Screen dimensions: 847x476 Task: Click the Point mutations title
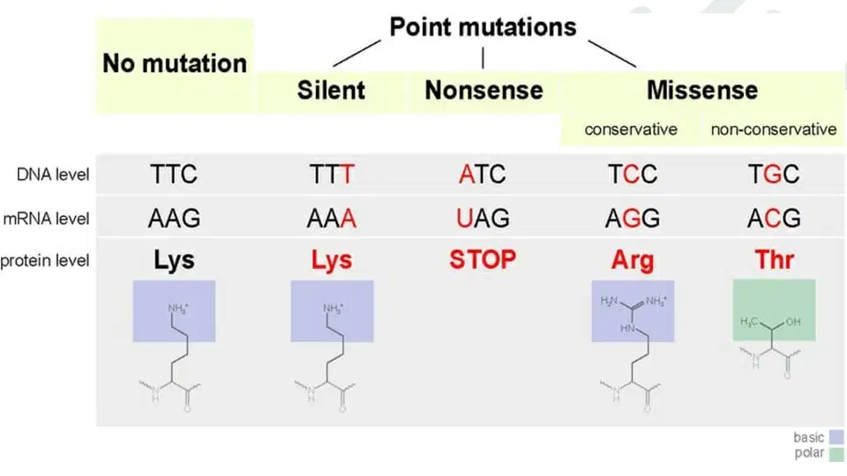[483, 27]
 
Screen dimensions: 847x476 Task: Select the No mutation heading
[175, 63]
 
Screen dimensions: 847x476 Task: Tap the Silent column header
[331, 90]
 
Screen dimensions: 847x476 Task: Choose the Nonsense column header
[483, 90]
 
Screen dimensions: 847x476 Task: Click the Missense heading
[702, 90]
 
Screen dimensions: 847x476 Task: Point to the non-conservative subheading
[774, 130]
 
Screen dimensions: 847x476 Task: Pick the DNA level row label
[53, 175]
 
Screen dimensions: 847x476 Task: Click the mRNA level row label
[47, 219]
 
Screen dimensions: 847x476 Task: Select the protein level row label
[45, 261]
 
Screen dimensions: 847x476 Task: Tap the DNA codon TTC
[174, 175]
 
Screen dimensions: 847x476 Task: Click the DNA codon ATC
[483, 175]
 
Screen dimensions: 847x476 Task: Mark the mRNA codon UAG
[483, 219]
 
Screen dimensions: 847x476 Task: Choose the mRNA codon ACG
[774, 219]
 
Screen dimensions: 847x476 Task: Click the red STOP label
[483, 259]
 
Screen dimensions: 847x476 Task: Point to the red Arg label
[633, 261]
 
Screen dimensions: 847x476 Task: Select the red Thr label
[774, 259]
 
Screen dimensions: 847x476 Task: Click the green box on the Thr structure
[774, 309]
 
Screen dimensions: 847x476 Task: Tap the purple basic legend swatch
[836, 437]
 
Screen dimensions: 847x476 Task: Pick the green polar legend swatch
[836, 454]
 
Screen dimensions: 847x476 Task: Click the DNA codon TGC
[774, 175]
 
